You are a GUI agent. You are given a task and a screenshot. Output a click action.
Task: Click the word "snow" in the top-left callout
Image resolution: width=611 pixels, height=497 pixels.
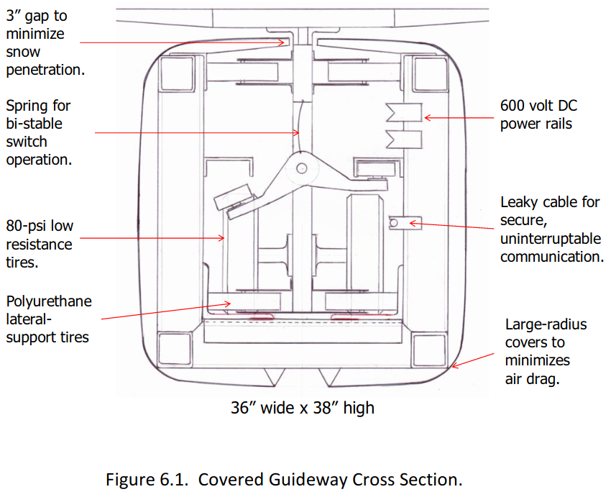[23, 52]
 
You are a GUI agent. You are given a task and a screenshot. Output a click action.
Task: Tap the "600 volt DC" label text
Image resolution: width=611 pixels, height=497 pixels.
[538, 106]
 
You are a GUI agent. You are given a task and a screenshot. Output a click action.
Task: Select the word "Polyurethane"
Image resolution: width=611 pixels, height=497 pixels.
[49, 301]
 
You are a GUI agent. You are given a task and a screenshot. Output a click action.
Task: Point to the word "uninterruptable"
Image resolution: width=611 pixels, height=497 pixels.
[551, 239]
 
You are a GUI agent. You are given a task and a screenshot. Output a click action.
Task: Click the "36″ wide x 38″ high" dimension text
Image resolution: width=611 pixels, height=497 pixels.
[303, 408]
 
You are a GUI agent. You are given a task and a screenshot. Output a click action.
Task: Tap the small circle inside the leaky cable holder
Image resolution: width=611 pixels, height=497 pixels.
[394, 222]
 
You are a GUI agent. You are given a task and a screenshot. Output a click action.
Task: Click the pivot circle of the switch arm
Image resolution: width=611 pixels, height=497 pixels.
[302, 169]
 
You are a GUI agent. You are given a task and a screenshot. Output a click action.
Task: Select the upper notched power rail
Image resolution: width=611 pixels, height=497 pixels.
[404, 113]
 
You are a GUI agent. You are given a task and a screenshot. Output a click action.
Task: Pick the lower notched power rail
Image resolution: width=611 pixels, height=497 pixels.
[404, 140]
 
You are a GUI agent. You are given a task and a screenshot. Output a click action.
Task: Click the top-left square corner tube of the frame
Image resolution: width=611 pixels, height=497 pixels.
[177, 74]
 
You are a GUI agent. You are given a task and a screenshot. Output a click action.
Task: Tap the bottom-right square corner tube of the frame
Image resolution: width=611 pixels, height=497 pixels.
[429, 350]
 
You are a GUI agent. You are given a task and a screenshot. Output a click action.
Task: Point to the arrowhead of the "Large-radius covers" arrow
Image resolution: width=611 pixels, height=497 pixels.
[454, 366]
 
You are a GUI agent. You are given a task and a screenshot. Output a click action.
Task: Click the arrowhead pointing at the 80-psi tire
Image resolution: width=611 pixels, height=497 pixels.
[222, 238]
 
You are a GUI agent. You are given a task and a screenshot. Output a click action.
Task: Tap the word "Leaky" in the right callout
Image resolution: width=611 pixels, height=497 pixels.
[520, 202]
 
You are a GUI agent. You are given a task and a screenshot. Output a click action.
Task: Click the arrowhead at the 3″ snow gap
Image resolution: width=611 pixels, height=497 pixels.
[282, 42]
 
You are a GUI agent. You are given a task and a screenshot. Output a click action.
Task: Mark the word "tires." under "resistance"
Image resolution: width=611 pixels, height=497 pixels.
[22, 263]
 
